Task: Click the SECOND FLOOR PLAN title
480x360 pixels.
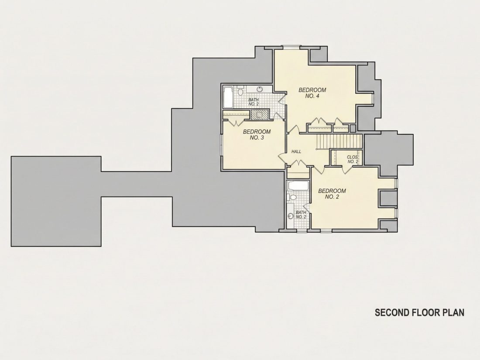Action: click(419, 312)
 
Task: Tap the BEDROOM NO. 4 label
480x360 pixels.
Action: click(312, 93)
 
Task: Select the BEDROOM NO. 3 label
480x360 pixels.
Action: click(257, 135)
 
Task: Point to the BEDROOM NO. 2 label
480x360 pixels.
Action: click(332, 194)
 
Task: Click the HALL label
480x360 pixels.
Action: click(296, 151)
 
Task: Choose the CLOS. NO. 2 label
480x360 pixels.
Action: click(352, 159)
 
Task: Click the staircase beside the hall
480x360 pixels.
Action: click(339, 141)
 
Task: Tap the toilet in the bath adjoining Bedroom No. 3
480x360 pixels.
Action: click(240, 91)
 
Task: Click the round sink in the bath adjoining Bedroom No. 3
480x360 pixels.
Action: click(260, 89)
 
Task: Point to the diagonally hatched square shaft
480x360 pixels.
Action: click(260, 114)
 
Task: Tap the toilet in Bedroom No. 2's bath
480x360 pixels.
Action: click(293, 197)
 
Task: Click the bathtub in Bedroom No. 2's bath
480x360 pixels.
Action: click(298, 186)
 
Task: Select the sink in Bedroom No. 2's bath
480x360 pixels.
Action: click(291, 216)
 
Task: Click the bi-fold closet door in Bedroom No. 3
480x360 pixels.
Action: click(237, 123)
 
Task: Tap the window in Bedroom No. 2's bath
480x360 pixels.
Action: click(302, 230)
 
